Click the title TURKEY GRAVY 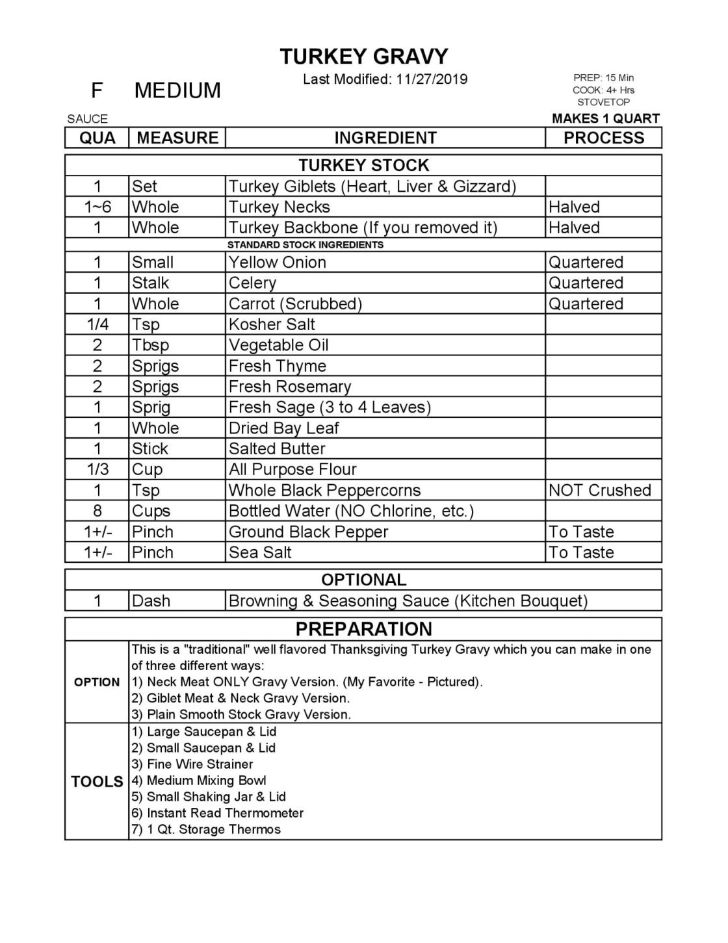[363, 57]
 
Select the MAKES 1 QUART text [605, 118]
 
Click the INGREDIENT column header [385, 138]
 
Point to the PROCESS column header [603, 138]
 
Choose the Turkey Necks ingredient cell [279, 207]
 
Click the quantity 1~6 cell [97, 207]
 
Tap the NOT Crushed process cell [599, 490]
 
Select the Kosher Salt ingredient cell [272, 324]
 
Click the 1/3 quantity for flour [97, 469]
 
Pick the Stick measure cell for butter [150, 448]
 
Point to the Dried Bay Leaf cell [283, 428]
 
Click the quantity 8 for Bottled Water [97, 511]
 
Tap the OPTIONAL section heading [363, 580]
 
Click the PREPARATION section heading [363, 629]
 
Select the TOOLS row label [97, 781]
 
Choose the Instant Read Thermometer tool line [225, 813]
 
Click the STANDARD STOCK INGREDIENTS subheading [305, 245]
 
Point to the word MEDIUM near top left [177, 90]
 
